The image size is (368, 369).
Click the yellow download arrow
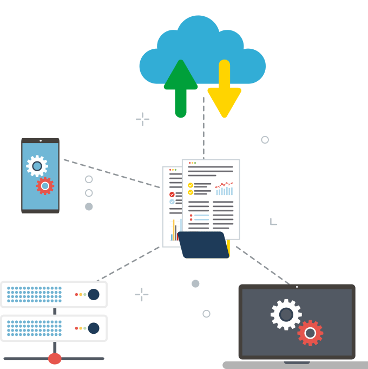coord(224,89)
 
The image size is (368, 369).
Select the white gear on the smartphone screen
coord(37,166)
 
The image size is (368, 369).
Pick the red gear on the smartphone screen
coord(45,186)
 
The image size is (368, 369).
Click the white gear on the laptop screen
coord(286,314)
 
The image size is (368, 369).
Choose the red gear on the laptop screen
coord(310,333)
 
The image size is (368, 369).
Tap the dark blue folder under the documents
coord(203,245)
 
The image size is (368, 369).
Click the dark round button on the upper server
coord(94,294)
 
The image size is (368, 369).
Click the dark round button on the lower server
coord(94,328)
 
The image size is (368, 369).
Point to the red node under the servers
coord(55,358)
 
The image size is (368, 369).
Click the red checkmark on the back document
coord(172,194)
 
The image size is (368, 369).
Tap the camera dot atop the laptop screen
coord(297,287)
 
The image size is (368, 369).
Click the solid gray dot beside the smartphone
coord(89,206)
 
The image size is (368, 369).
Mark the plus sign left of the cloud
coord(142,119)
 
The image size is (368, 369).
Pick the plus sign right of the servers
coord(141,294)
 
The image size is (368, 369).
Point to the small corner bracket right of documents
coord(273,222)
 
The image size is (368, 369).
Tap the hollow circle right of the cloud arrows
coord(265,140)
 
